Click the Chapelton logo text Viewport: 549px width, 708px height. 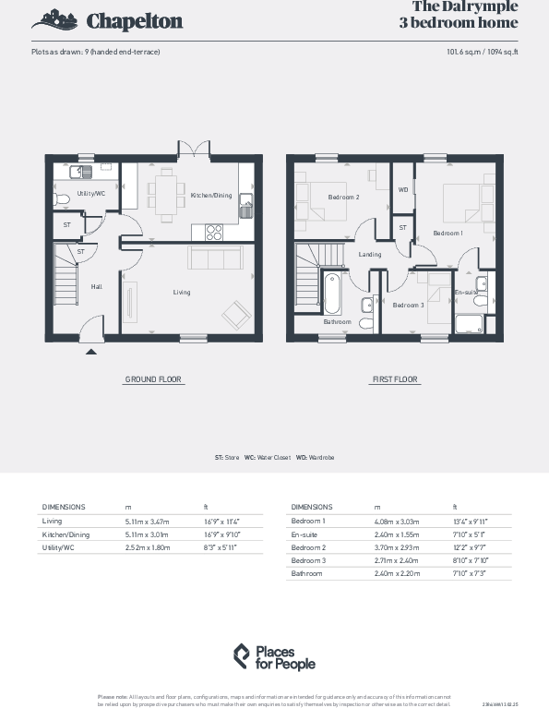[x=134, y=21]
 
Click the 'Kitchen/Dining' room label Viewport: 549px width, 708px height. [x=211, y=196]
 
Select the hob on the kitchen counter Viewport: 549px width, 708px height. [x=210, y=233]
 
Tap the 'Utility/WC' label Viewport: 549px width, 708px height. [x=90, y=193]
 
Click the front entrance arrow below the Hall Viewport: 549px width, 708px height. [x=90, y=350]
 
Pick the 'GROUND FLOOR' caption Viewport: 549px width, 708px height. [x=153, y=379]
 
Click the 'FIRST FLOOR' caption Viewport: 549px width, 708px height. [x=394, y=379]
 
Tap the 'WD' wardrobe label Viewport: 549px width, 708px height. [x=402, y=189]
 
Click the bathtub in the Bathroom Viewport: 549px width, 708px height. [x=331, y=293]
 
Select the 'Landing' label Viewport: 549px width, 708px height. [x=370, y=255]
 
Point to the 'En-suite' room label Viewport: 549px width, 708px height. [x=467, y=292]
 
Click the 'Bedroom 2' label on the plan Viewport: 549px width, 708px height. [x=343, y=197]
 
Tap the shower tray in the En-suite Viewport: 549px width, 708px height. [x=471, y=324]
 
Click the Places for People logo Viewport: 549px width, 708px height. [x=274, y=656]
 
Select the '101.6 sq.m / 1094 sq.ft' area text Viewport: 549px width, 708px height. [x=482, y=52]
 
